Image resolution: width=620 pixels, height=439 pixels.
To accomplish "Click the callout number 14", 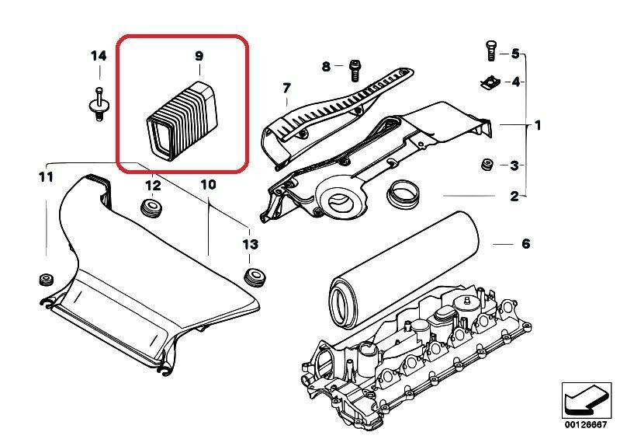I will point(98,56).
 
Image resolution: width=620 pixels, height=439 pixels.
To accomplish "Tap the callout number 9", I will point(199,56).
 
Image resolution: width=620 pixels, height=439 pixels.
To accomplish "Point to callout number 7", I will point(286,87).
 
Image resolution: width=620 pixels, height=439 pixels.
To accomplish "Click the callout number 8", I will point(327,66).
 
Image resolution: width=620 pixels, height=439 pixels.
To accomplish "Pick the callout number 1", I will point(538,125).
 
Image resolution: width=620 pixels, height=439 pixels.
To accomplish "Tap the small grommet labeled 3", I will point(487,165).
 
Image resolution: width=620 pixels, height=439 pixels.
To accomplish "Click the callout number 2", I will point(514,197).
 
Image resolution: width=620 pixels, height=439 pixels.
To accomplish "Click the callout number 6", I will point(525,244).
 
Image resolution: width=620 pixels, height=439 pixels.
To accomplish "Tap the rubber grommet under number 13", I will point(251,274).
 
